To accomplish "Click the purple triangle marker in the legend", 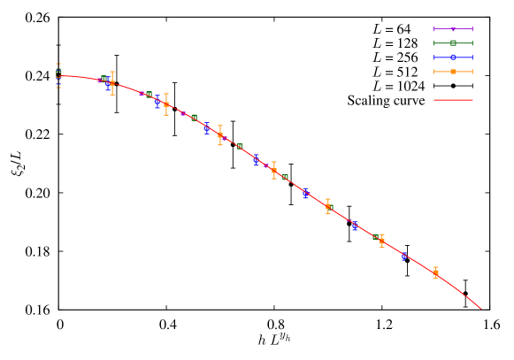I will [x=453, y=29].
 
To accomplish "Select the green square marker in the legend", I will [x=453, y=42].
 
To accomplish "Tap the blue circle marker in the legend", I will [x=453, y=57].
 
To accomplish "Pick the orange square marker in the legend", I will [x=453, y=71].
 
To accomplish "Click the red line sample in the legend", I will [x=453, y=100].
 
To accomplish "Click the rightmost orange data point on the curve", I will [x=436, y=273].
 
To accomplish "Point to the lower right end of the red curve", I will [x=480, y=309].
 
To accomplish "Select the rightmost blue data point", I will [x=403, y=257].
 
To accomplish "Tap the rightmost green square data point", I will [x=285, y=177].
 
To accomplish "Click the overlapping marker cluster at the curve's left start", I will [x=58, y=75].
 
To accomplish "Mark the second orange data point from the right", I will [x=382, y=241].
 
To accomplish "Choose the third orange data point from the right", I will [x=328, y=206].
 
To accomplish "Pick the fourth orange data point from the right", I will [x=274, y=171].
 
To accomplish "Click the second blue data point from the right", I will [x=355, y=226].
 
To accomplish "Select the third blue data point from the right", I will [x=306, y=194].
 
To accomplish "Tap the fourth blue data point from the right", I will [x=257, y=161].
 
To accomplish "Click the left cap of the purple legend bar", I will [x=434, y=29].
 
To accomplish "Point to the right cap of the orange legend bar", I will [x=472, y=71].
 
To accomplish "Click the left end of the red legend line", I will [x=434, y=100].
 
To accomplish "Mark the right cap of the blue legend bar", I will [x=472, y=57].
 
